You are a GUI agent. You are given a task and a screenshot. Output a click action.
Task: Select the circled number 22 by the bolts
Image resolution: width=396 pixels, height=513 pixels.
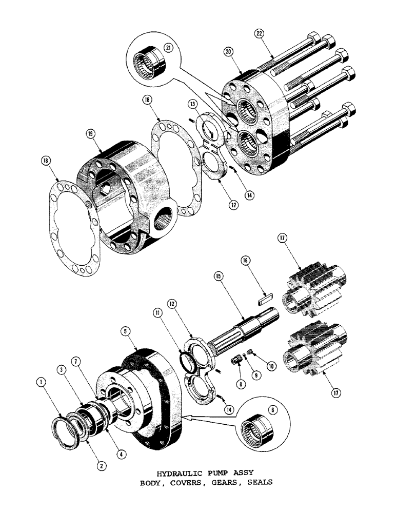(260, 34)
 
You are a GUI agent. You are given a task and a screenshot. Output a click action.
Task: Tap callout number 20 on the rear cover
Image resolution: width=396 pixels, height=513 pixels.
(228, 52)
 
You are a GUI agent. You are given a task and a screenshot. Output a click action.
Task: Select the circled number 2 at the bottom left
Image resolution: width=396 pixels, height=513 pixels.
(102, 466)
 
